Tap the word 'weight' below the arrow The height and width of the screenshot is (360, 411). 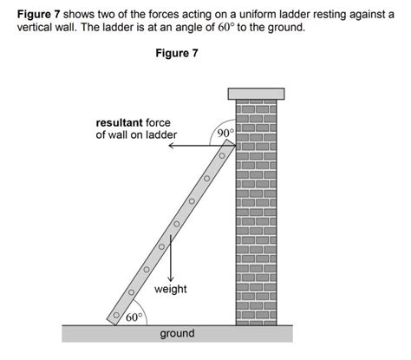(170, 288)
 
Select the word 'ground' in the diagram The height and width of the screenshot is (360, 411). (177, 334)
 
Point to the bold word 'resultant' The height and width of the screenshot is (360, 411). (120, 122)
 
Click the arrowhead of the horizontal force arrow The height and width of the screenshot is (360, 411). (171, 147)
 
